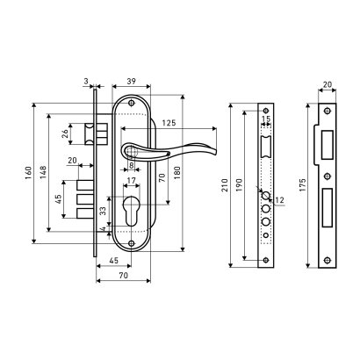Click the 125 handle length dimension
[169, 123]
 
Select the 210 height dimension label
[225, 185]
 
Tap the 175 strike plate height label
[302, 185]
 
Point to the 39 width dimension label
[132, 82]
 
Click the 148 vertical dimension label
[43, 173]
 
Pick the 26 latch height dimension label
[66, 133]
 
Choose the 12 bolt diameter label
[280, 200]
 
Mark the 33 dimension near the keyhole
[103, 212]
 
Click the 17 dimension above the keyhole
[132, 181]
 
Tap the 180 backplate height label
[176, 173]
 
